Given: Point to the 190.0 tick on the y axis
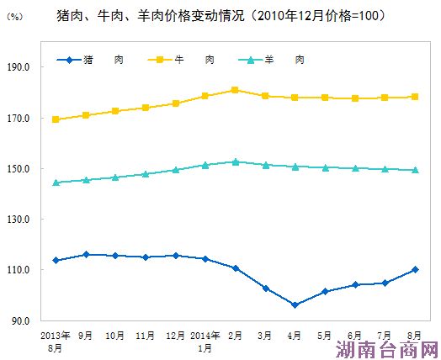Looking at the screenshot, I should (x=42, y=67).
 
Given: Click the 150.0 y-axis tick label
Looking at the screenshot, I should (x=42, y=169).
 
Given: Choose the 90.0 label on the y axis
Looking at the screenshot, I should (x=44, y=320).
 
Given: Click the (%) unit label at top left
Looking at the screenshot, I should (x=15, y=18).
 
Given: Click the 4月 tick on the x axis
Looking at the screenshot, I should (x=295, y=334).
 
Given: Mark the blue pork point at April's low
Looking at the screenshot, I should (x=295, y=304).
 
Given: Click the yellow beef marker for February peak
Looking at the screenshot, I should (x=235, y=90).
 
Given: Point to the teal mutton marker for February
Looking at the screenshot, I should (x=235, y=161).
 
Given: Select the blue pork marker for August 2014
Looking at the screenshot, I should (x=415, y=269).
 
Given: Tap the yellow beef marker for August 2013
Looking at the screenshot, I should (x=56, y=119).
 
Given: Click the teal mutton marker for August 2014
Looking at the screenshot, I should (x=415, y=170).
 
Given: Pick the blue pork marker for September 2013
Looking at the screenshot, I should (x=86, y=254).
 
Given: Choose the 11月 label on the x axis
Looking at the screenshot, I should (x=145, y=334).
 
